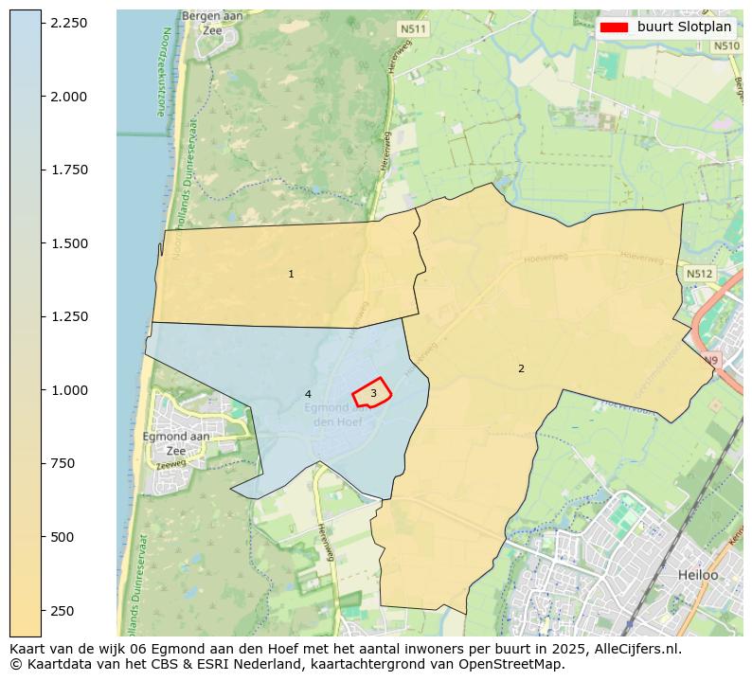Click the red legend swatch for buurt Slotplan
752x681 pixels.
[614, 27]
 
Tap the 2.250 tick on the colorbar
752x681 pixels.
[69, 23]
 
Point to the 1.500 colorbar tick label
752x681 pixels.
[69, 243]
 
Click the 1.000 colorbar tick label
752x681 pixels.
[69, 390]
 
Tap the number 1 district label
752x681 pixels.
[291, 275]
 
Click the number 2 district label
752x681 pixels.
[521, 369]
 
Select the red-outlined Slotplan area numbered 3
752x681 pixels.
[373, 393]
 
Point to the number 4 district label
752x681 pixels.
[308, 394]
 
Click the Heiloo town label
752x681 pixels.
[698, 575]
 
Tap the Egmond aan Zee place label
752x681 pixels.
[176, 443]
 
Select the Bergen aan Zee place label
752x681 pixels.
[212, 24]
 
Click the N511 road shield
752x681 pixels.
[413, 29]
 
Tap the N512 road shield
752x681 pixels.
[699, 274]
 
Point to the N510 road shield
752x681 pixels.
[725, 45]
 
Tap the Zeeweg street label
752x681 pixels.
[171, 464]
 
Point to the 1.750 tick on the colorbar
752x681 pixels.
[69, 170]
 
